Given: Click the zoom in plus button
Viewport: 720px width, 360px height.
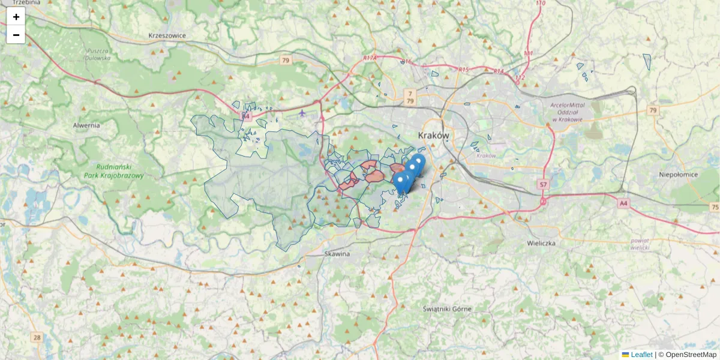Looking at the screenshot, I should (x=16, y=17).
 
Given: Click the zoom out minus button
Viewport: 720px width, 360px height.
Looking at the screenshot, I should (x=16, y=35).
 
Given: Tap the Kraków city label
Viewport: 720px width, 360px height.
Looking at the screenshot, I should (x=433, y=136).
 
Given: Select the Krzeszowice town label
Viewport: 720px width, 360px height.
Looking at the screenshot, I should (x=167, y=35).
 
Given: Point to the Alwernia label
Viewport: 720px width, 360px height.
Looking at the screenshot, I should (x=86, y=125).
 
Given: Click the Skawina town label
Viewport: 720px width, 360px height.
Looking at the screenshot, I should (x=337, y=254).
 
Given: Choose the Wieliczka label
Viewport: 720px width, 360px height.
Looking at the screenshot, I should (x=541, y=244).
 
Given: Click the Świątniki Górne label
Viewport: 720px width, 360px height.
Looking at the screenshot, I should (x=447, y=309).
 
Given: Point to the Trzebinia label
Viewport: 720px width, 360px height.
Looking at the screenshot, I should (x=25, y=3).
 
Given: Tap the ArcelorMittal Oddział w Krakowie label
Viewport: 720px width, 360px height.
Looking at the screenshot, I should (x=566, y=112).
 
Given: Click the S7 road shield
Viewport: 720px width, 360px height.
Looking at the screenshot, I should (x=543, y=184).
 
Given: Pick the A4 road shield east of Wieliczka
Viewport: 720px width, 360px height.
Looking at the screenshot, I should (x=624, y=203).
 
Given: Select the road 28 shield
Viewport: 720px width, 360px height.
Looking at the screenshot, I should (x=37, y=338).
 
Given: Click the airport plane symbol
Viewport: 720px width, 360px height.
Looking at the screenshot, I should (x=302, y=112).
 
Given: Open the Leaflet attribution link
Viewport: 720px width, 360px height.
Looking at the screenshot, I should (x=641, y=355).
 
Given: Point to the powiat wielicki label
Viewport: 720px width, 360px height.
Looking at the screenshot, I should (x=641, y=244).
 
